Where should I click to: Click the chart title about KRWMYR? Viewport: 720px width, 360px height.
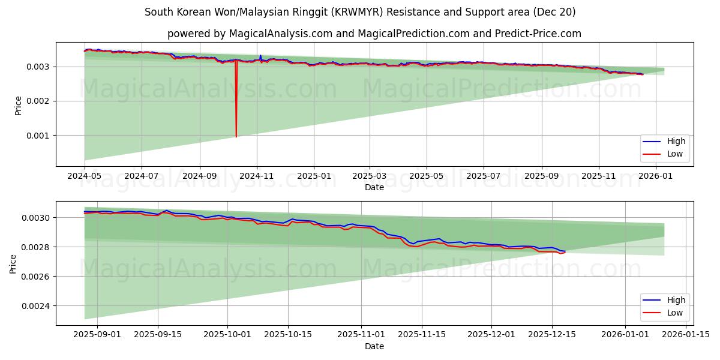(360, 12)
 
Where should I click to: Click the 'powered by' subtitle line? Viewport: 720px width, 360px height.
(374, 34)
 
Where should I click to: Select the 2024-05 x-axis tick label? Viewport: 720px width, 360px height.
(85, 176)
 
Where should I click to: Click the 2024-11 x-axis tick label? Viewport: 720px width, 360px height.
(257, 176)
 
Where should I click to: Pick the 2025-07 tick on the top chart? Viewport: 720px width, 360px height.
(484, 176)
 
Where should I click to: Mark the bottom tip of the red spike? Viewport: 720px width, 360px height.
(236, 137)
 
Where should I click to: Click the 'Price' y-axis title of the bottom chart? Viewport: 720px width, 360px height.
(13, 263)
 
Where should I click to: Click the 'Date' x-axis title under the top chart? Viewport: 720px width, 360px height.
(374, 187)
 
